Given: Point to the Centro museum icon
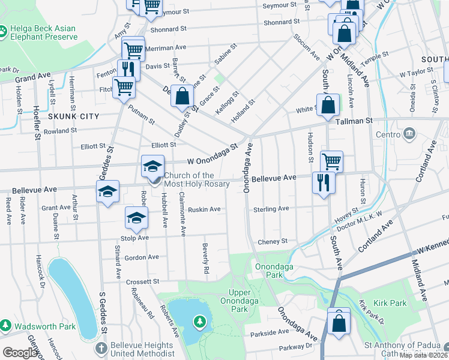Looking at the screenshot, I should (x=410, y=132).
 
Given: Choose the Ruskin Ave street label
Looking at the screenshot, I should (x=204, y=209).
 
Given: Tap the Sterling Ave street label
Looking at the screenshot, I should (x=271, y=209).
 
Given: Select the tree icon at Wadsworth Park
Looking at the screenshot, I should (x=5, y=325).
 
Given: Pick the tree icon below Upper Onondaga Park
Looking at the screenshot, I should (x=199, y=322).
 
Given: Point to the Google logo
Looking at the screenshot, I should (x=20, y=353).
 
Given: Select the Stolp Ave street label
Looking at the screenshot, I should (x=136, y=238).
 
